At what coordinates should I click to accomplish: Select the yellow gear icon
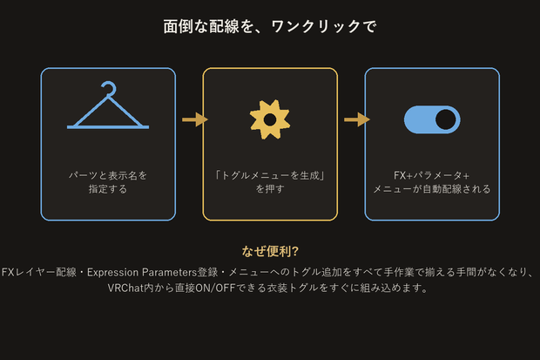click(x=270, y=119)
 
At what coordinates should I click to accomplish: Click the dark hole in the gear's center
click(x=270, y=119)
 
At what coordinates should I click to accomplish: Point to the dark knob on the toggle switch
click(x=446, y=119)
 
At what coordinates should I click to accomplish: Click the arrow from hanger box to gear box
click(x=195, y=119)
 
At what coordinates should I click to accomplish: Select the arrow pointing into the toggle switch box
click(x=357, y=119)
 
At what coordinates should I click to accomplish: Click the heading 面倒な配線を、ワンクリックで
click(x=270, y=26)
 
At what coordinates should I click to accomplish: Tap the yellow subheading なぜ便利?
click(x=270, y=251)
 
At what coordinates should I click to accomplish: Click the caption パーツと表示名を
click(x=108, y=175)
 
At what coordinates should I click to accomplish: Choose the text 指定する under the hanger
click(x=108, y=189)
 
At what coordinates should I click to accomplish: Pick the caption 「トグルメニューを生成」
click(x=270, y=175)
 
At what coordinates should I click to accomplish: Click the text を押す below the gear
click(x=270, y=189)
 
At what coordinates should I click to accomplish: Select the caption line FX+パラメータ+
click(x=432, y=175)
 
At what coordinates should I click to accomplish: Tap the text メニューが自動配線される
click(x=432, y=189)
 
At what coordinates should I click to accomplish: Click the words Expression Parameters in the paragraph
click(x=142, y=273)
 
